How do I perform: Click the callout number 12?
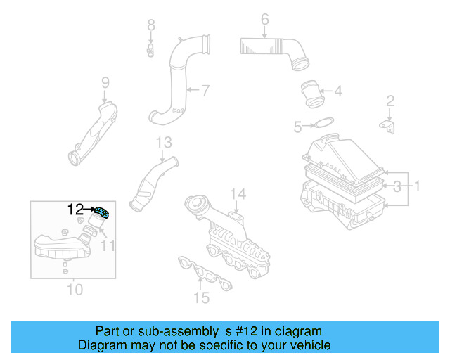[75, 209]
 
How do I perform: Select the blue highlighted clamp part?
[102, 212]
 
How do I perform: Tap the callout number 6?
[264, 19]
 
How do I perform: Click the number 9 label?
[105, 83]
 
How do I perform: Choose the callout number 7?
[205, 90]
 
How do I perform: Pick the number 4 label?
[337, 91]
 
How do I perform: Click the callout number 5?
[297, 127]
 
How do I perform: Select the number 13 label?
[163, 143]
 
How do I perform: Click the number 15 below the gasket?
[202, 298]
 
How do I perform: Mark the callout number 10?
[74, 289]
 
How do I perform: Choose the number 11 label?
[107, 245]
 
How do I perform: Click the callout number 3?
[397, 186]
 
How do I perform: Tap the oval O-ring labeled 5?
[323, 124]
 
